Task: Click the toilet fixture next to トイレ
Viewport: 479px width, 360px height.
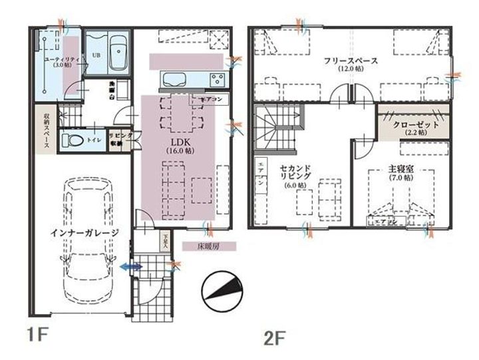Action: pos(70,140)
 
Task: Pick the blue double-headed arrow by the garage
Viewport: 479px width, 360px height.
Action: pos(131,266)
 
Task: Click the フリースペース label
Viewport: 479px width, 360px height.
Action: pos(351,64)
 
